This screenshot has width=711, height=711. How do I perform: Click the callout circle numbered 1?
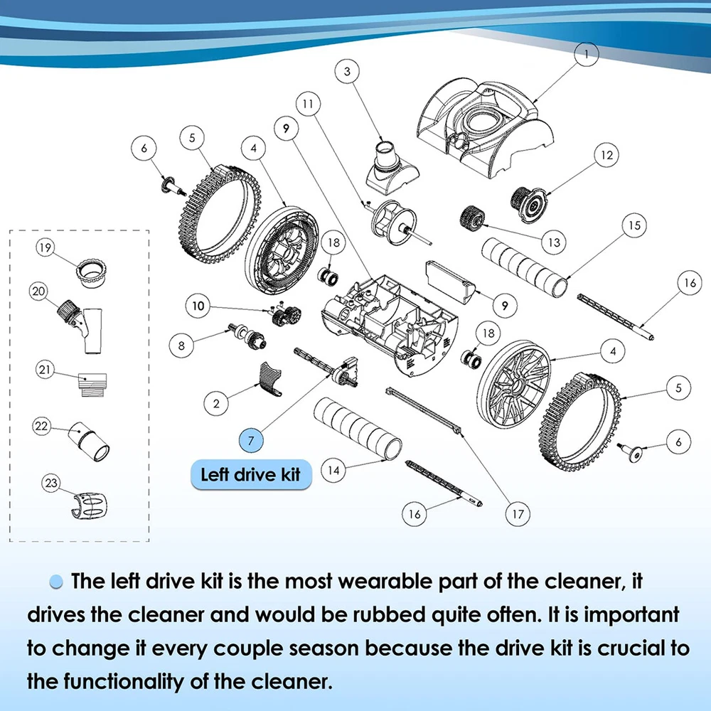(x=586, y=55)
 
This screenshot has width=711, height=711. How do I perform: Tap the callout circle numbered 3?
(x=348, y=71)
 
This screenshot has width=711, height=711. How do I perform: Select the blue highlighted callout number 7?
(x=251, y=440)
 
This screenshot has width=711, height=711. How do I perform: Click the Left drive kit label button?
(x=251, y=475)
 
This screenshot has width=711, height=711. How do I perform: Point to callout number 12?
(x=606, y=155)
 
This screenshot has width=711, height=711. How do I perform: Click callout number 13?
(x=554, y=242)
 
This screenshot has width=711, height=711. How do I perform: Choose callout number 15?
(x=634, y=225)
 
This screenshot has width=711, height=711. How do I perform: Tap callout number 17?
(x=518, y=514)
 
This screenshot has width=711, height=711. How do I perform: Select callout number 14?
(x=333, y=470)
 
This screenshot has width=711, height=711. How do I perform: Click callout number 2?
(x=216, y=403)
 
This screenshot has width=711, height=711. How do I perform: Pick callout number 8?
(x=181, y=346)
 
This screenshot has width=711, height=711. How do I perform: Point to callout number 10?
(x=198, y=306)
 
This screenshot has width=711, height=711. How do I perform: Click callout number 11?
(x=308, y=104)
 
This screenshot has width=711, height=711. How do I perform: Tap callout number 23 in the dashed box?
(x=51, y=483)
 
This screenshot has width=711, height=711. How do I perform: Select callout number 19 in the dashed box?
(x=45, y=247)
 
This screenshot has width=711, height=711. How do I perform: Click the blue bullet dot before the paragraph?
(x=55, y=582)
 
